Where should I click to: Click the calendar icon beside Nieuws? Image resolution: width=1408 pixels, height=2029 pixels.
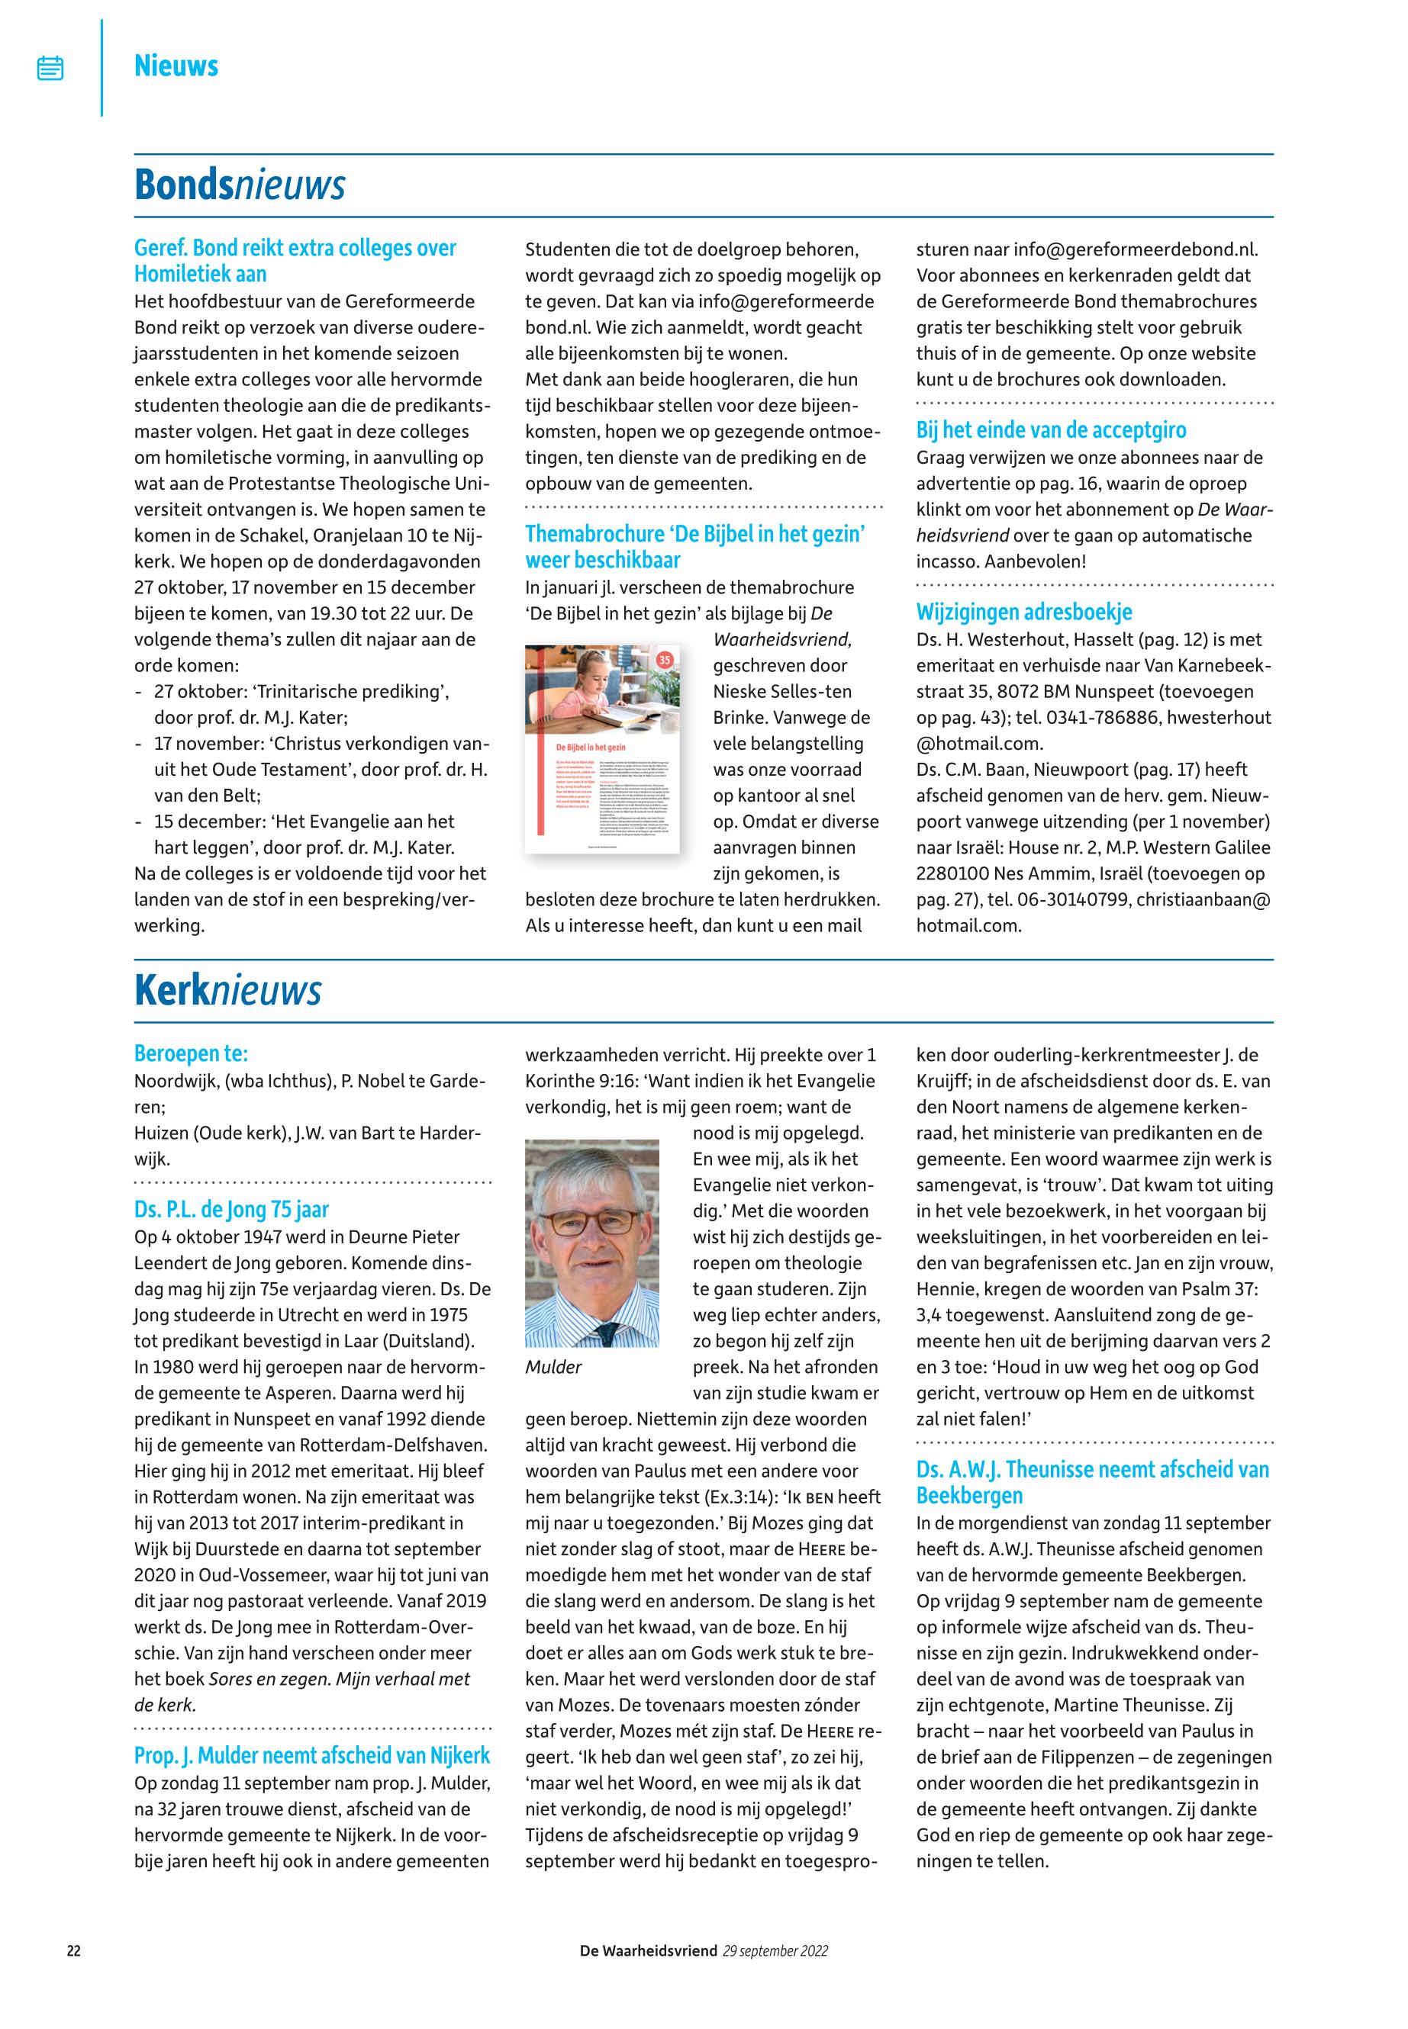(50, 68)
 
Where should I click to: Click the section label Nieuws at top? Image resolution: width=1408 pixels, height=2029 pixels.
(176, 66)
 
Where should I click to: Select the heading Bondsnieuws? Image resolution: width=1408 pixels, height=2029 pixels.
(239, 185)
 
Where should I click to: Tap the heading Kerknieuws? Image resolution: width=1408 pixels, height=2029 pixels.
(227, 991)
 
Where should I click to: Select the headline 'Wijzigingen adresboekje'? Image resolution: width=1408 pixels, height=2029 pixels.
(1023, 612)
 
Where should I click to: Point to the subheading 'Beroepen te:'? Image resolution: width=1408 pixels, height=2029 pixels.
(191, 1053)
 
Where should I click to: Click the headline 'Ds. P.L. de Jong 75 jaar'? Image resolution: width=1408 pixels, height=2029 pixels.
(231, 1210)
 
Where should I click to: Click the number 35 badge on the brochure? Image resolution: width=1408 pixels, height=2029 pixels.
(664, 660)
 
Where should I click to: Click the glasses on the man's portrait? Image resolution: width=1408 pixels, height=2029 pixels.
(591, 1222)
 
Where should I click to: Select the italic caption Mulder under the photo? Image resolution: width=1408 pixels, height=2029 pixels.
(553, 1367)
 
